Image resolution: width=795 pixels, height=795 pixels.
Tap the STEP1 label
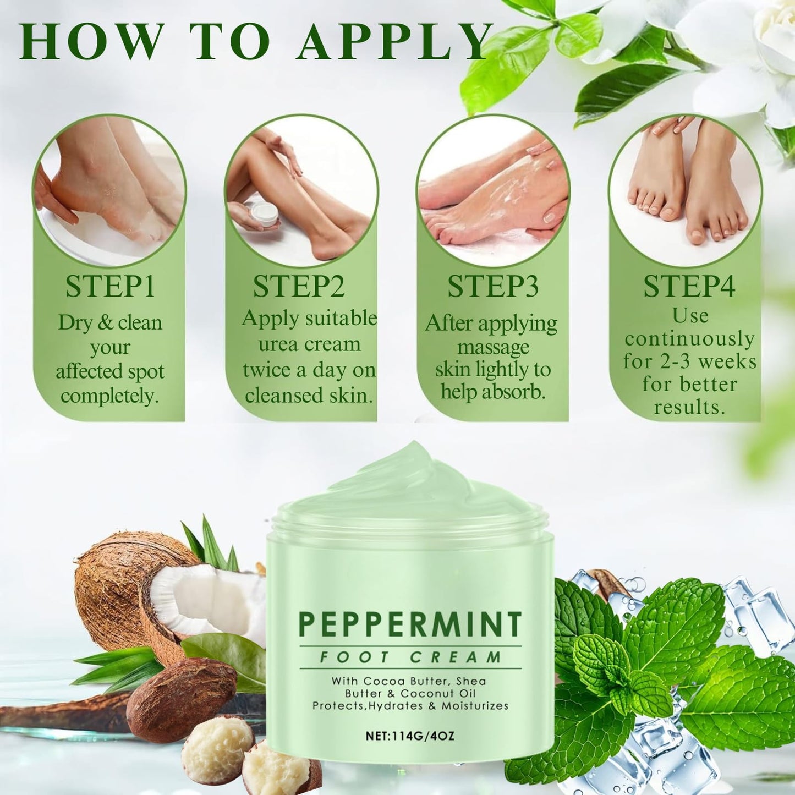tap(110, 286)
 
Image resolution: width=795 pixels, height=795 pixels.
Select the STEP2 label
tap(299, 286)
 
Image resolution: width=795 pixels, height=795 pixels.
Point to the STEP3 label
tap(493, 286)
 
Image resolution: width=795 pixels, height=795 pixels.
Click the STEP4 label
tap(689, 286)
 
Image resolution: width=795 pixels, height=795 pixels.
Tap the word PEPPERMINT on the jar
tap(410, 624)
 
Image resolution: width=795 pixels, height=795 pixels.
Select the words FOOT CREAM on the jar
tap(410, 657)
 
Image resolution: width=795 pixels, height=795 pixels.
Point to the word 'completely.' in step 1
tap(109, 397)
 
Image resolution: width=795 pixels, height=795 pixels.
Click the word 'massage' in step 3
tap(494, 347)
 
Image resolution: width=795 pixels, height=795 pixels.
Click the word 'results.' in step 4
tap(689, 408)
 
